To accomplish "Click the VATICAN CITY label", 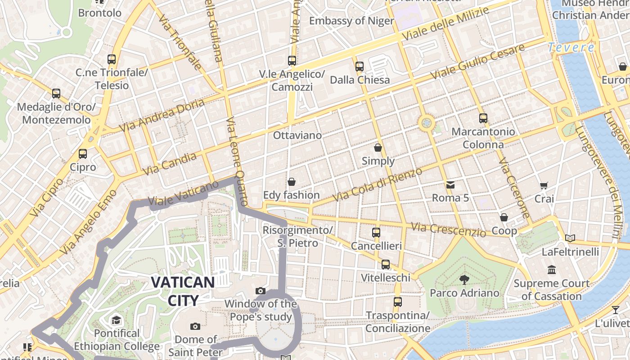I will click(183, 291).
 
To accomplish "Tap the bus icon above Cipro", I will click(83, 154).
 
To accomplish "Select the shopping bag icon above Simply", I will click(378, 148).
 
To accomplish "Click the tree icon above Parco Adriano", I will click(464, 280).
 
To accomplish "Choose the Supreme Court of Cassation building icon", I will click(552, 270).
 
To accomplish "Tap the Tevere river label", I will click(571, 47).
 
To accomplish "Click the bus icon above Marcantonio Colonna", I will click(483, 118).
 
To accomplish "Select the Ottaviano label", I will click(297, 135).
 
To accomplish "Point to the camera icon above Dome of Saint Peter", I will click(195, 326).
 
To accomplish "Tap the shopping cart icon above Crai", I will click(544, 185).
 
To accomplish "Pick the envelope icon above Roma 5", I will click(450, 184).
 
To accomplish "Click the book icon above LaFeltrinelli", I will click(570, 238).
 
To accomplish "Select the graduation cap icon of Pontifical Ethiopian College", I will click(117, 320).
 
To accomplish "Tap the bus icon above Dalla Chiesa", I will click(360, 67).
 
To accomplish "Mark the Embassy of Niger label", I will click(351, 21).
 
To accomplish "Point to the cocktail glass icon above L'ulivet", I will click(615, 310).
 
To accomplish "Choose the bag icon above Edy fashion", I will click(292, 182).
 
